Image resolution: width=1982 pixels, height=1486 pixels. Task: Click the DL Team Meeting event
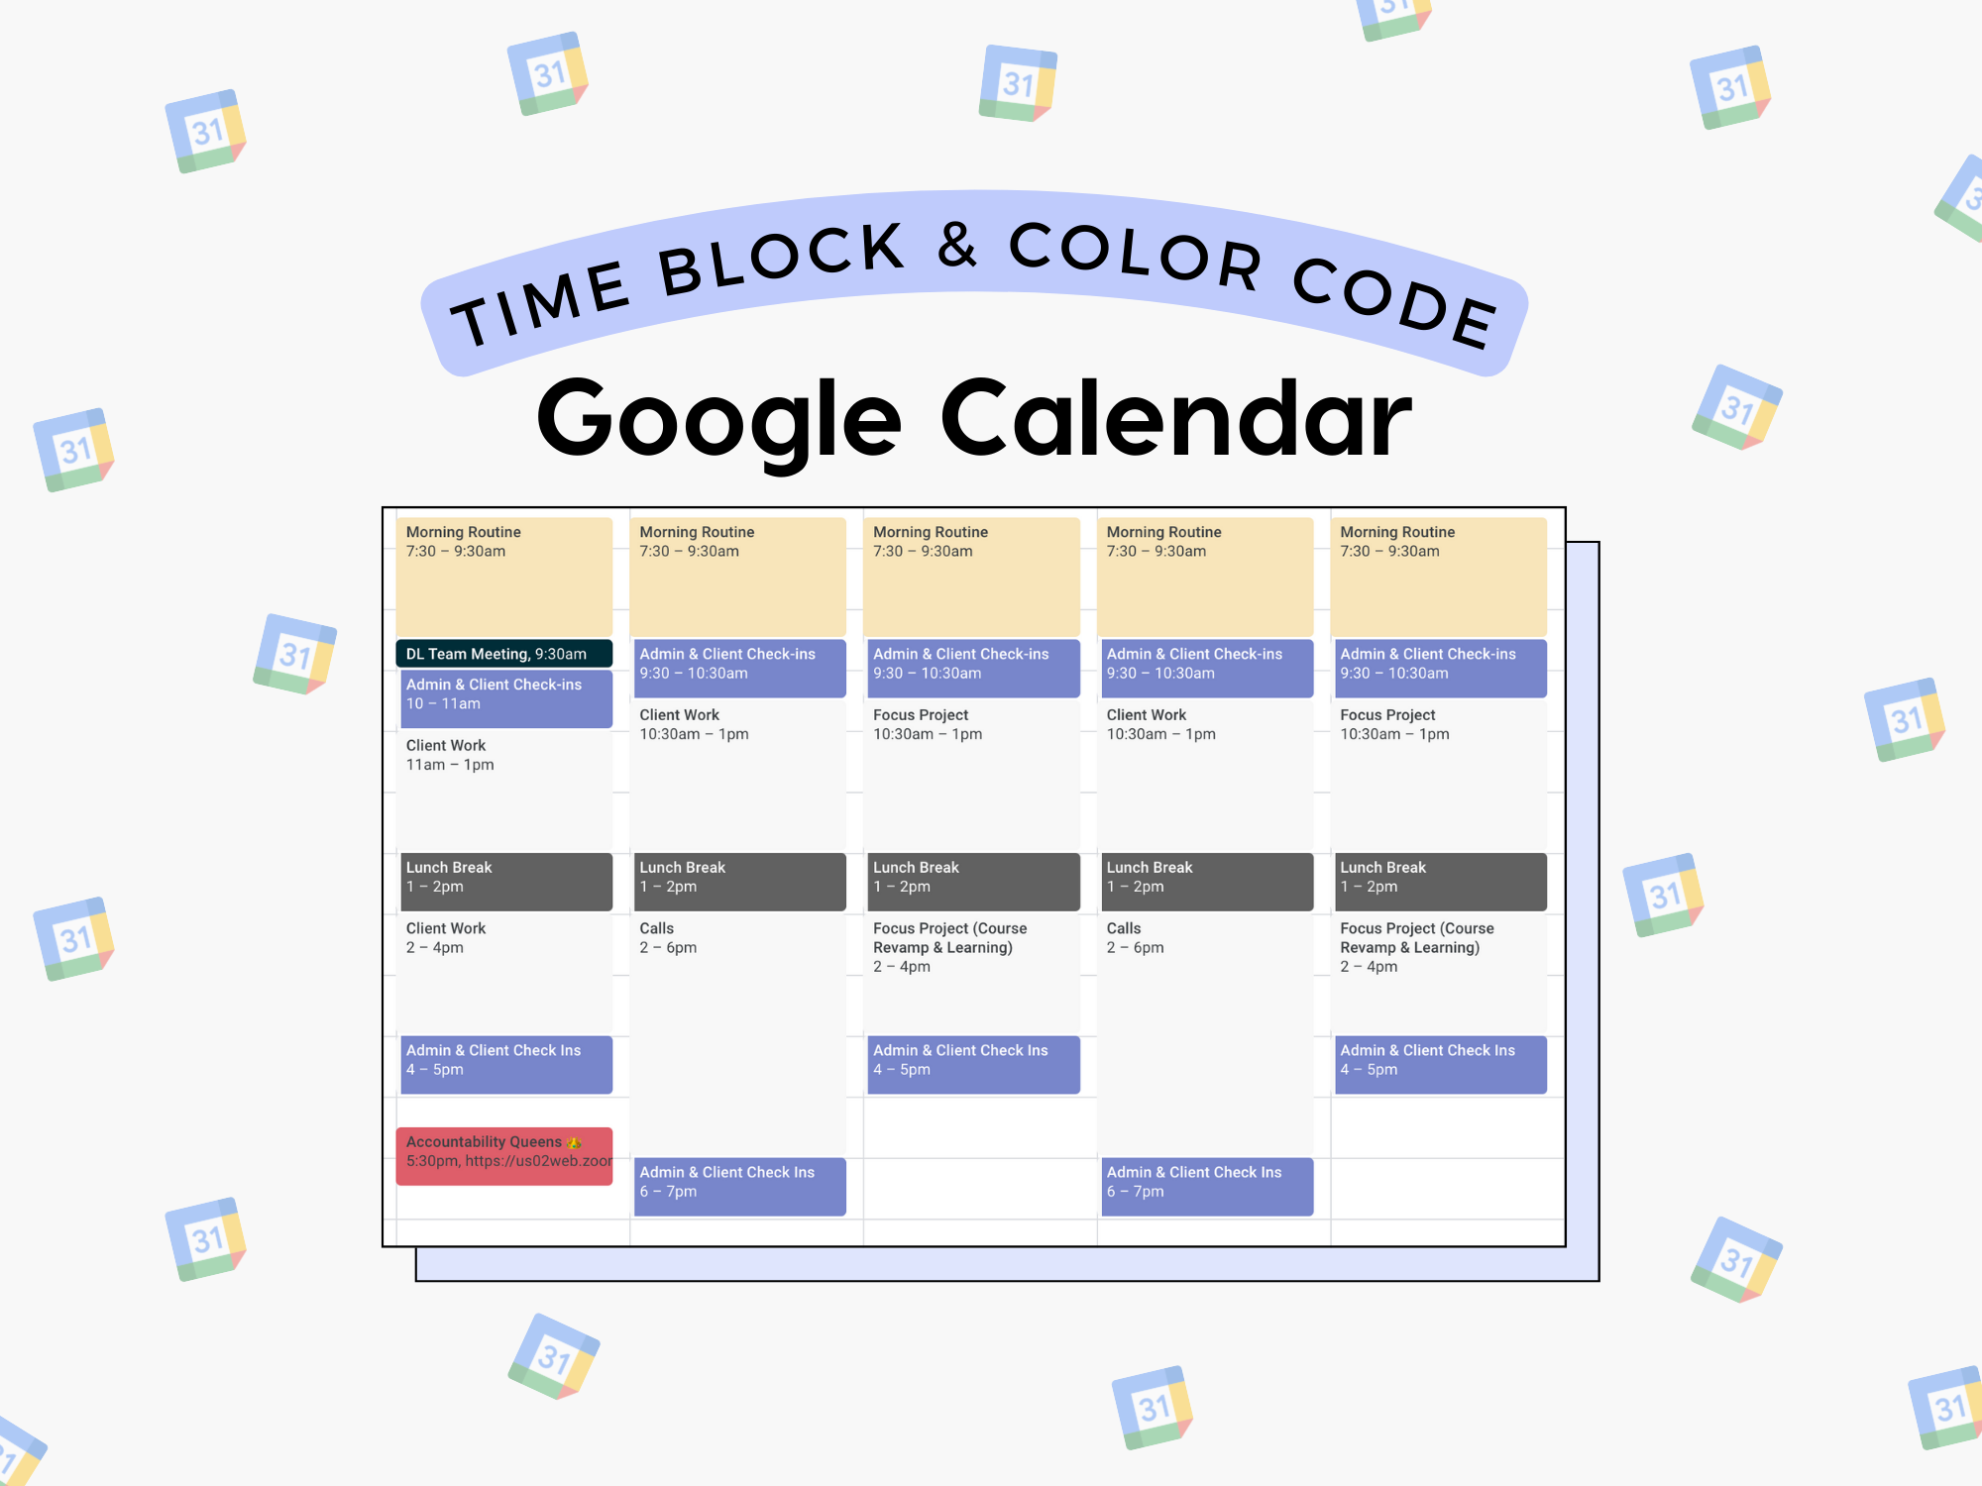pos(503,654)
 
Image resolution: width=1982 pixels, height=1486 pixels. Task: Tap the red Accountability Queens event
pos(503,1155)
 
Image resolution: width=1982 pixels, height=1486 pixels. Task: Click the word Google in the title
pos(718,421)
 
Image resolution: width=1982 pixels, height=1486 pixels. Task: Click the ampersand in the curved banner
pos(957,245)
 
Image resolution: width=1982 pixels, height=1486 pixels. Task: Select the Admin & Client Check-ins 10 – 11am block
pos(505,698)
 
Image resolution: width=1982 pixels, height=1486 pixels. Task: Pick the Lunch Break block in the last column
pos(1439,881)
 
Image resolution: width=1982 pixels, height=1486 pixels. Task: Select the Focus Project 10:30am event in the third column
pos(971,773)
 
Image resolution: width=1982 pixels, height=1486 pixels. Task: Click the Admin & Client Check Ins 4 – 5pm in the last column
pos(1439,1064)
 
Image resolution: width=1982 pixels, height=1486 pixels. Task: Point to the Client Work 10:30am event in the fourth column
pos(1205,773)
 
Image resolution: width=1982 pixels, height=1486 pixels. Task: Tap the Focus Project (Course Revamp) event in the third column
pos(971,971)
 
